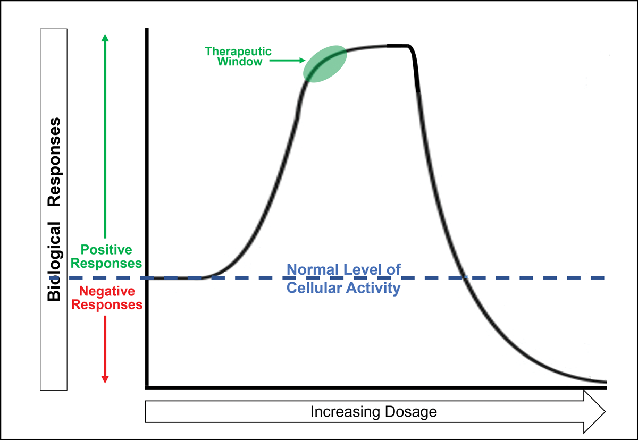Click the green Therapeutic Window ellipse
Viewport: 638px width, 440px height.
(x=325, y=63)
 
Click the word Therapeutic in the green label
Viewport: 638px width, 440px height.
(x=238, y=52)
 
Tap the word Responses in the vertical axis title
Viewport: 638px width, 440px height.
(x=54, y=163)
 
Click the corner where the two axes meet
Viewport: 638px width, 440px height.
(x=147, y=387)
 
